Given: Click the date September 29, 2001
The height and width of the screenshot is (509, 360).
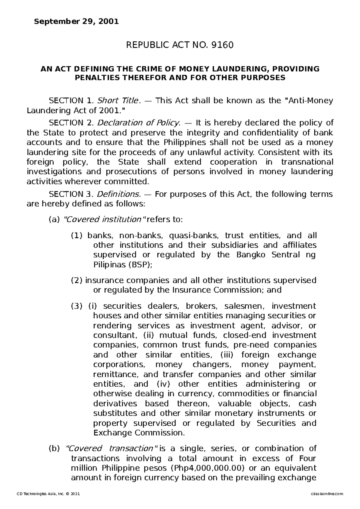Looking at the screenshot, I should [x=76, y=22].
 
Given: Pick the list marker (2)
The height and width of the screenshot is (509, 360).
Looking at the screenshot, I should [x=77, y=280].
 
